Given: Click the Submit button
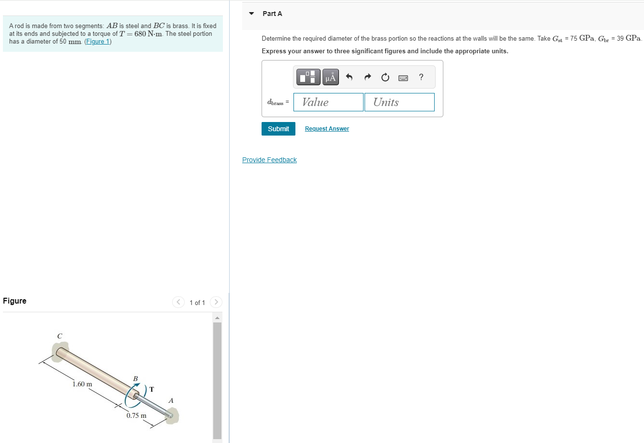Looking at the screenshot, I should pyautogui.click(x=278, y=129).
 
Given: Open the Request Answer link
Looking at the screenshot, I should pyautogui.click(x=327, y=129).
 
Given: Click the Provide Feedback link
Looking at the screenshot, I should pyautogui.click(x=269, y=160).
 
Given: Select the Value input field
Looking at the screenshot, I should pyautogui.click(x=328, y=102).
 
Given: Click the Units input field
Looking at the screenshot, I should pyautogui.click(x=399, y=102).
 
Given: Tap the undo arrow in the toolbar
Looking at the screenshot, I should pyautogui.click(x=350, y=77).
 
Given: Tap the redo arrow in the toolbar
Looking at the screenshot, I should pyautogui.click(x=367, y=77).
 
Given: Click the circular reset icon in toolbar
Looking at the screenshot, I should pyautogui.click(x=385, y=77).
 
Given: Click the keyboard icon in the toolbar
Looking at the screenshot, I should pyautogui.click(x=403, y=77).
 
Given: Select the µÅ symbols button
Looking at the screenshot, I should pyautogui.click(x=331, y=77).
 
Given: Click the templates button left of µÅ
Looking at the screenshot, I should pyautogui.click(x=308, y=77).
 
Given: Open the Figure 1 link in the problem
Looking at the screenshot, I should pyautogui.click(x=98, y=42).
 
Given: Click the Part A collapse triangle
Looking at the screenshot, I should pyautogui.click(x=251, y=14).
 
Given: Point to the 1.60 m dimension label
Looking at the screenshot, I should pyautogui.click(x=82, y=384).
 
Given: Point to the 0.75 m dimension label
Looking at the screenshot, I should pyautogui.click(x=136, y=415).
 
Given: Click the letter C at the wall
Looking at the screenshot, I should pyautogui.click(x=59, y=336).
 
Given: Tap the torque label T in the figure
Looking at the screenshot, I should pyautogui.click(x=152, y=389).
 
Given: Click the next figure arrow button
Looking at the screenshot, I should pyautogui.click(x=216, y=302).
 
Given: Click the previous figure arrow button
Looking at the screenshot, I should pyautogui.click(x=178, y=302).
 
